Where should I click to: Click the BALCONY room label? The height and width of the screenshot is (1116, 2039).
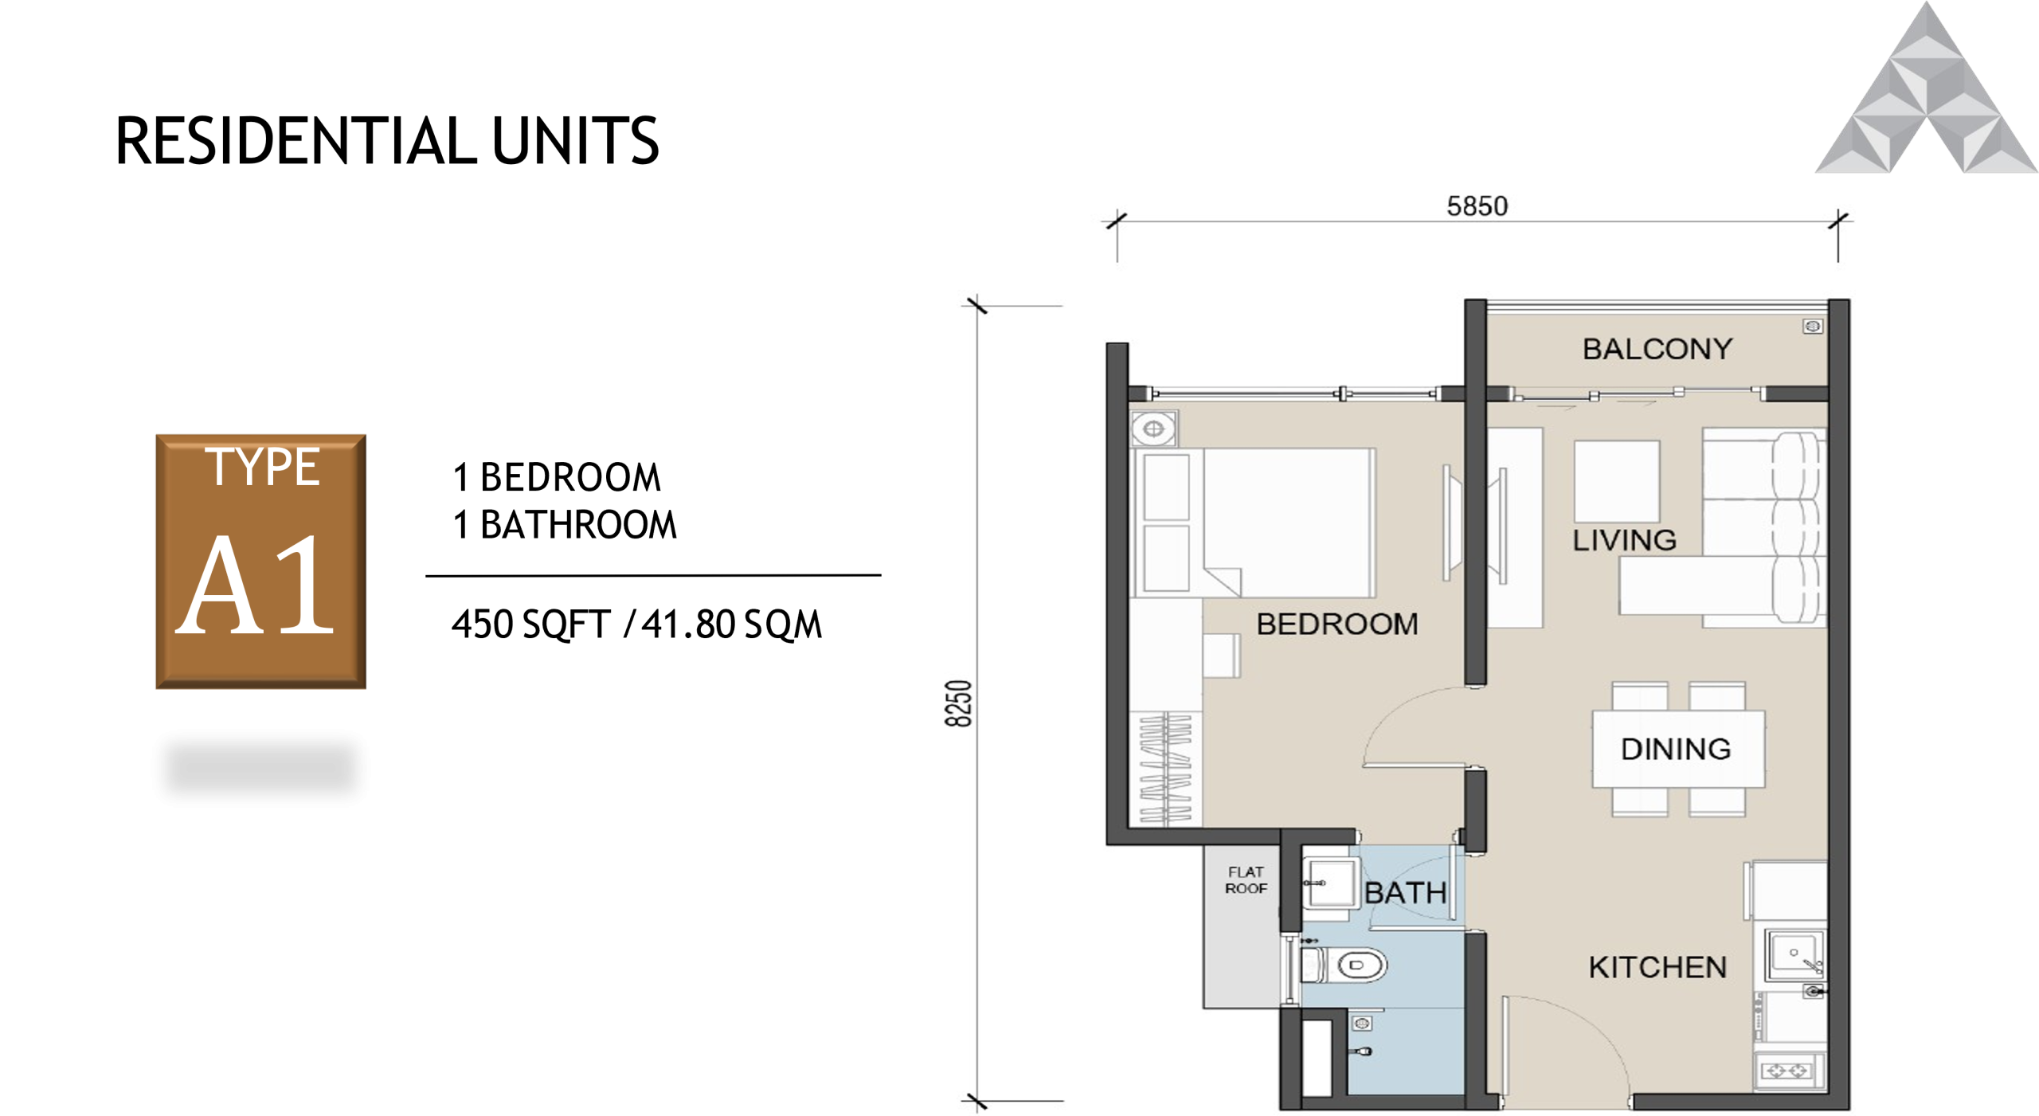1657,349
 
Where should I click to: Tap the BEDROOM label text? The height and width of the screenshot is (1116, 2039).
1337,624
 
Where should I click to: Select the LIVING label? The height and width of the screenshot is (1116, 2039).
1624,540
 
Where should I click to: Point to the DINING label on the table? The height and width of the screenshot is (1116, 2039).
1676,749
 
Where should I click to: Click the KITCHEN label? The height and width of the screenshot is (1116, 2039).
1657,967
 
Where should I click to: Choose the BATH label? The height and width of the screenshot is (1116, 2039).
1405,893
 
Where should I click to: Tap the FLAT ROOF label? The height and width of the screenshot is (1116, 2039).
1246,880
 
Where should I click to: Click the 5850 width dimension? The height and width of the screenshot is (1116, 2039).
1477,207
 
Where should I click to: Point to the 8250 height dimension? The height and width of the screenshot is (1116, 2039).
959,703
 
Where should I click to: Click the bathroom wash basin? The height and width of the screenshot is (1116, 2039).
1329,883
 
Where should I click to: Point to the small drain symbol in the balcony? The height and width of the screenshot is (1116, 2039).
1813,327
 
